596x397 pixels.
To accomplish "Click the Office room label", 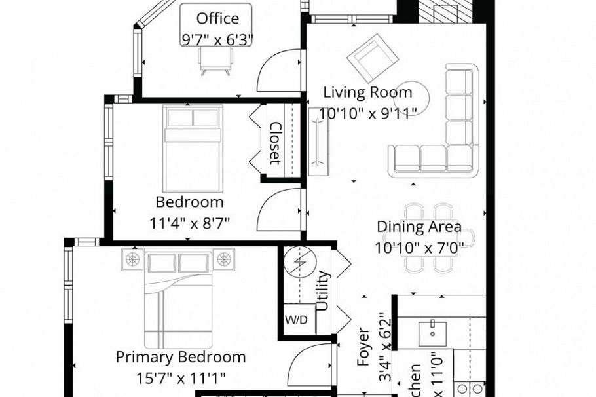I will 217,18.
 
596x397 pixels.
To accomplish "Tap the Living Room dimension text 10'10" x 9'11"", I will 367,113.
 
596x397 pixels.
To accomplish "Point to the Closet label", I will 276,143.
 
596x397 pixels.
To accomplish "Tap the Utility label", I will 323,290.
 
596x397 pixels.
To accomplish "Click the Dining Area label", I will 419,227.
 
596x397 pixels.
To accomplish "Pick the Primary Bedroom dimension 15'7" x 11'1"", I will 181,378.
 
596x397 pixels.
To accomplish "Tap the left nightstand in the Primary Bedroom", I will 134,259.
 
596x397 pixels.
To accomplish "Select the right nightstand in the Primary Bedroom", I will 225,259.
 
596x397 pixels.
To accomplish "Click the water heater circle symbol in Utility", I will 300,261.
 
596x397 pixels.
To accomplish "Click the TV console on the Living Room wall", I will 318,142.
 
